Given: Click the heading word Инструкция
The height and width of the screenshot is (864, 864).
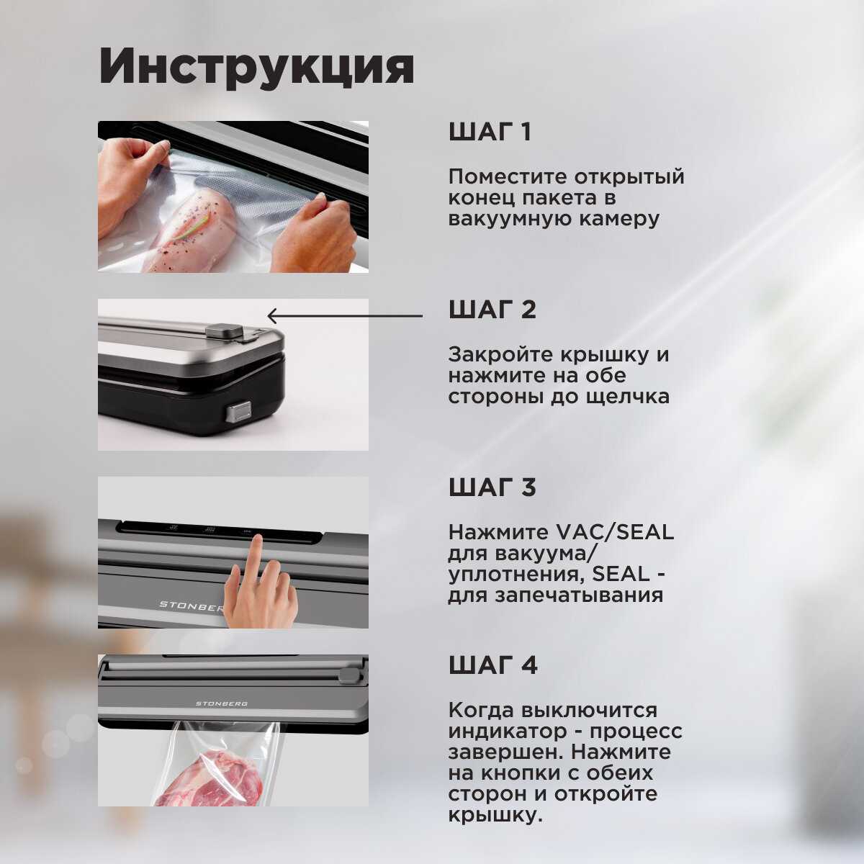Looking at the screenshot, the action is pos(256,66).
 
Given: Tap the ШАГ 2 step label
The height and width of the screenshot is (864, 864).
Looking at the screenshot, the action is pos(492,310).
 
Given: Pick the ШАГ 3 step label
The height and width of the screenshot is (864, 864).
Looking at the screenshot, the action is pos(492,487).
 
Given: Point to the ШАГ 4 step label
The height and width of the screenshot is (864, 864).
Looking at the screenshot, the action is pos(492,665).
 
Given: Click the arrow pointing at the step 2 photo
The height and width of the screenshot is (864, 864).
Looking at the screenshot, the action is pos(345,315).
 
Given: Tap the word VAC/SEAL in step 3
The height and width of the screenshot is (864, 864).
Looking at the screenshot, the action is pos(614,532).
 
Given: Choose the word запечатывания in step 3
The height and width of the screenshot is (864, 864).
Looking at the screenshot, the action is pos(579,596).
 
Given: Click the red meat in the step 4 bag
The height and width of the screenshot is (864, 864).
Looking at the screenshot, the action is pos(211,779).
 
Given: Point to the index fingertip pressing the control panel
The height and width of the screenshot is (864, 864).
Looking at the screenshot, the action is pos(256,540).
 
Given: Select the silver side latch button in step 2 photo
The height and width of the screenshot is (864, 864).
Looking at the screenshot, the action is pos(238,413).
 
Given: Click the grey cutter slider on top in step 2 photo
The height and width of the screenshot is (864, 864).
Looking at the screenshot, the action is pos(224,331).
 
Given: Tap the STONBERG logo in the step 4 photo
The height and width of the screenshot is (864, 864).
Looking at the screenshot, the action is pos(222,704).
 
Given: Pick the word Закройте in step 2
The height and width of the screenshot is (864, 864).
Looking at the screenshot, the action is pos(500,355).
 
